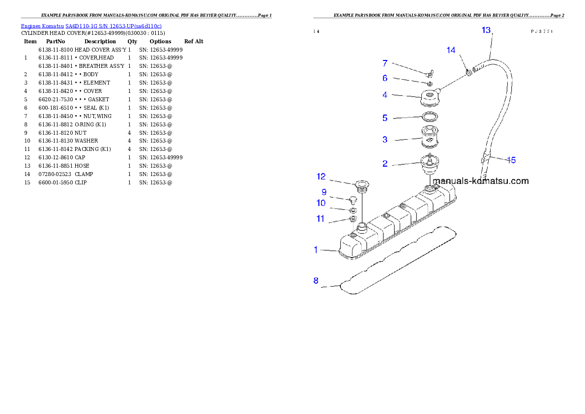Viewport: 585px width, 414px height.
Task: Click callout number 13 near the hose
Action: pos(486,30)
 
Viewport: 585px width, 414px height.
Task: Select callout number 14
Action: pos(451,50)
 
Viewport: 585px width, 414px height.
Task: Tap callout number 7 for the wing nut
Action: pos(385,63)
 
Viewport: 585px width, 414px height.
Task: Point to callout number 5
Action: pos(385,118)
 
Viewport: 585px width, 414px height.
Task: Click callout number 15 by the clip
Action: pos(511,160)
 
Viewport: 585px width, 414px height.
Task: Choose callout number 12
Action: pos(321,176)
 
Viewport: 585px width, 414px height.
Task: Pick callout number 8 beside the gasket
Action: pos(316,281)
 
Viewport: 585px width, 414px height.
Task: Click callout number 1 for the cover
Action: pos(316,250)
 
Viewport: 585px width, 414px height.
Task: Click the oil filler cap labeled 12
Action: pos(362,185)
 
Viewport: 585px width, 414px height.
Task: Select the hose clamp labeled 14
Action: pos(469,73)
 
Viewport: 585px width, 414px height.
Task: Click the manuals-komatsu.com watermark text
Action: pos(481,181)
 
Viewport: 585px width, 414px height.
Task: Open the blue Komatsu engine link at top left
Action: pos(91,26)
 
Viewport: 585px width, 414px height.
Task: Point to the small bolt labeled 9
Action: pos(351,200)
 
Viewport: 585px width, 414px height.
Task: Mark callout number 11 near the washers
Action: pos(321,219)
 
